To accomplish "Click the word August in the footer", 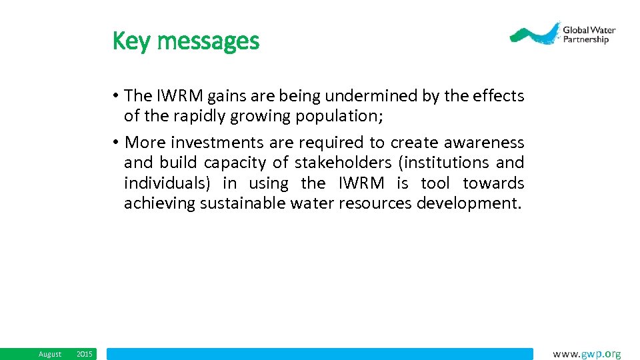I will [50, 354].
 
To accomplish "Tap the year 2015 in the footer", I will [85, 354].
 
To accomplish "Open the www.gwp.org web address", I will [587, 354].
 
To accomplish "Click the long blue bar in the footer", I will [320, 354].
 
